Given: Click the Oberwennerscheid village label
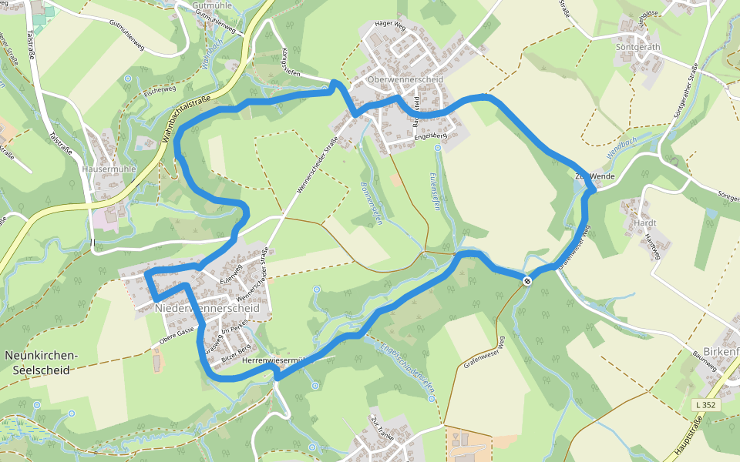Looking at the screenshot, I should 395,80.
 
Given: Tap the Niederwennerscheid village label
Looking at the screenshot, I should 213,308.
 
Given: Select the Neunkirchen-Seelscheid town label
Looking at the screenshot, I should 42,363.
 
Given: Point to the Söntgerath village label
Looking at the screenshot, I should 639,46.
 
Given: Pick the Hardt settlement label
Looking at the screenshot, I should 644,223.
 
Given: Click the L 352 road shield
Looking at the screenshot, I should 705,404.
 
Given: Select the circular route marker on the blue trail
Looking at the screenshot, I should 527,281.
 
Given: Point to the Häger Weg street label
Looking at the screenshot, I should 389,25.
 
